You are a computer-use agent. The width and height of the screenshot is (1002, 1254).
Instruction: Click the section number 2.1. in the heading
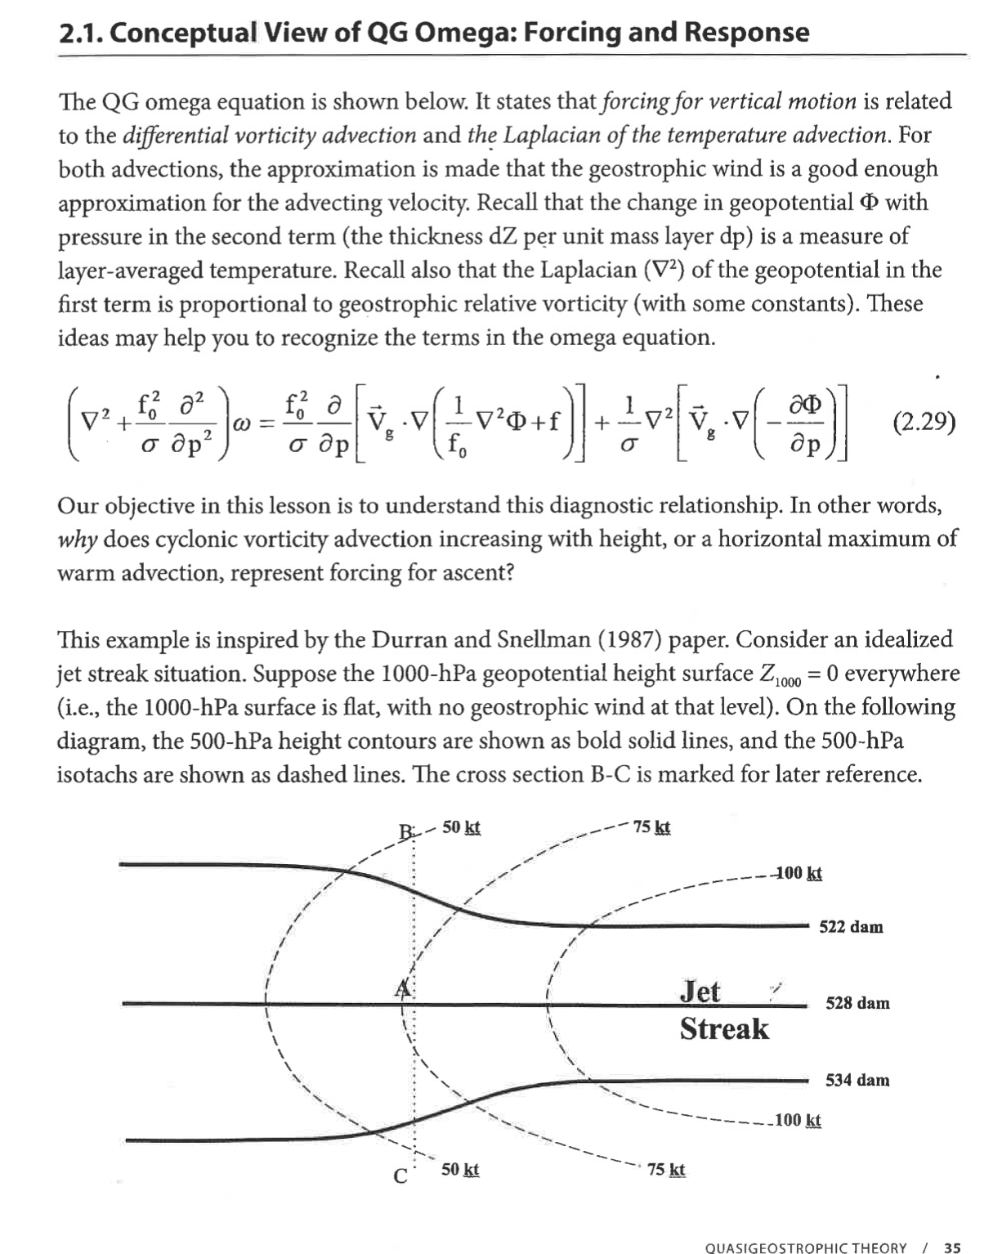(80, 33)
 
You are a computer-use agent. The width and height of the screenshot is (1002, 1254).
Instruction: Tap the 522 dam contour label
(851, 927)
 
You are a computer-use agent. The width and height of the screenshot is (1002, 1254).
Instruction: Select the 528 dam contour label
(857, 1003)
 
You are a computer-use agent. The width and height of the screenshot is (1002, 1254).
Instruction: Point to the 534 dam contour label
(857, 1080)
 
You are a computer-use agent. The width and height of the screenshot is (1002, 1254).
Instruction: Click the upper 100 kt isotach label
(798, 873)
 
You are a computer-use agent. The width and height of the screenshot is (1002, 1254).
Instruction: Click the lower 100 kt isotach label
(798, 1120)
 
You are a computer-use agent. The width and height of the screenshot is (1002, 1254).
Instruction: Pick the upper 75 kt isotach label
(651, 827)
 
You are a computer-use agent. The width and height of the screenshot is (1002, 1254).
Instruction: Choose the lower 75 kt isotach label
(666, 1170)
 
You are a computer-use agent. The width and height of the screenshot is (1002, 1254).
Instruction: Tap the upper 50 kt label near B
(461, 827)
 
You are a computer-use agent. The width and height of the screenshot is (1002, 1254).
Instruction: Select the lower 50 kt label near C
(460, 1170)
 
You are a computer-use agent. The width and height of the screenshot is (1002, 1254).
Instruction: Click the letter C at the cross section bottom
(400, 1176)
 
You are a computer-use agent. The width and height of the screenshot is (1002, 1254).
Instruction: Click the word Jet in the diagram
(700, 992)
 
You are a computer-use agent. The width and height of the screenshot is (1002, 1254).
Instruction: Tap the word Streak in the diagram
(724, 1028)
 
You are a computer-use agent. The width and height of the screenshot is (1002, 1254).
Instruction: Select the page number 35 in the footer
(952, 1247)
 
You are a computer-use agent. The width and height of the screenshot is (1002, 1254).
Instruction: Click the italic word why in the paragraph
(72, 540)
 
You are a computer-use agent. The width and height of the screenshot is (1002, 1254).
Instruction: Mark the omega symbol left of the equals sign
(242, 425)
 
